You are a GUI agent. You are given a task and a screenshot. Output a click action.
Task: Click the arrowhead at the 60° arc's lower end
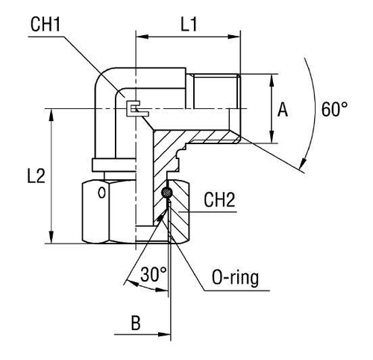tap(302, 165)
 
